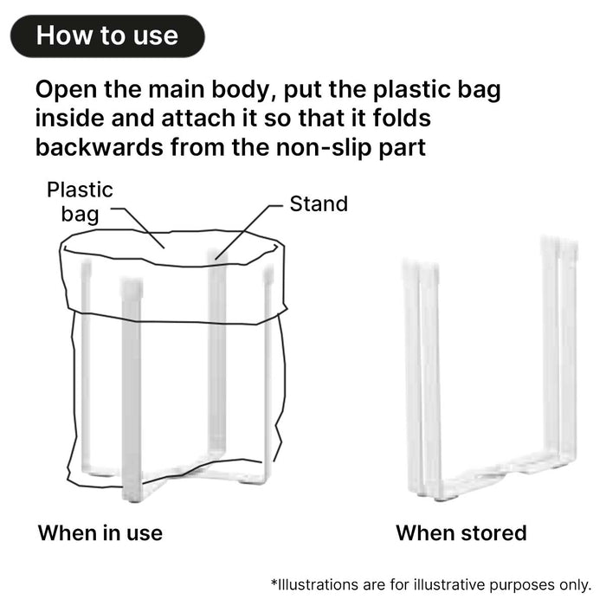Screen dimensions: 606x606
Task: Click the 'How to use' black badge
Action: pos(107,35)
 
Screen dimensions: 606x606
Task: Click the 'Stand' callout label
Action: pos(318,204)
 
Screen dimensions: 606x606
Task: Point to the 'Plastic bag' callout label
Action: pos(80,201)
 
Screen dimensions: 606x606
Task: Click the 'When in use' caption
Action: pos(100,532)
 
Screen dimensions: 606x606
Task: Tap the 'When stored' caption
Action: pos(461,532)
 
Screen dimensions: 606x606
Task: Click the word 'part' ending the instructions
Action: pos(402,148)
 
